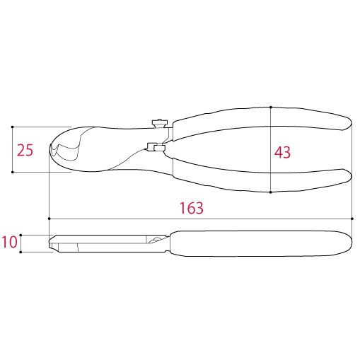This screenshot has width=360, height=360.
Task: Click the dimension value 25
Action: [x=25, y=149]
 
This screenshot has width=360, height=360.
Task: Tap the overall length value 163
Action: [x=191, y=208]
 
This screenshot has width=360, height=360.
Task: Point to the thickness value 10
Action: [x=9, y=243]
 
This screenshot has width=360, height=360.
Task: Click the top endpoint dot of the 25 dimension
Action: [x=13, y=127]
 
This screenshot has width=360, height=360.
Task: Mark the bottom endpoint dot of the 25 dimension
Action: [x=13, y=172]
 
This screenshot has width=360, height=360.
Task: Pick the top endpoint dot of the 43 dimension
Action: [x=271, y=108]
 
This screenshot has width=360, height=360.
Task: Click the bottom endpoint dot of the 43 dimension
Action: [x=271, y=192]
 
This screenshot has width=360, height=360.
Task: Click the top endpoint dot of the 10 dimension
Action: [x=22, y=234]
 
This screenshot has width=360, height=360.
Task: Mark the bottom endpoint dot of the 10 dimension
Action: [x=22, y=252]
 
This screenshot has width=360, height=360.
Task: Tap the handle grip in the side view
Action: [x=262, y=243]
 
